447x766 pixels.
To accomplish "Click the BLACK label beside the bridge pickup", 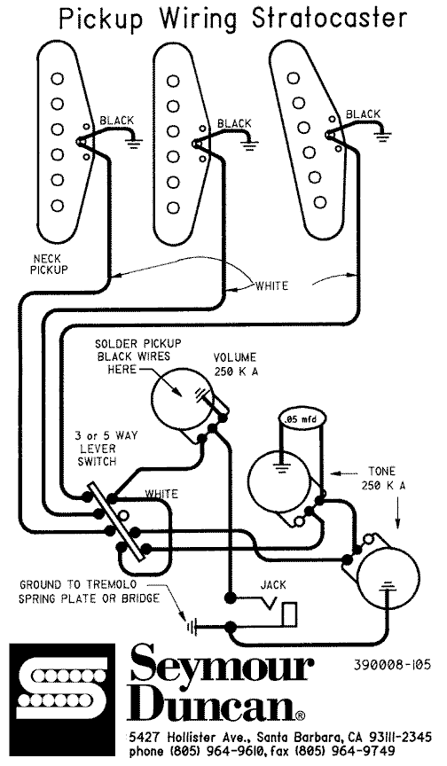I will click(363, 113).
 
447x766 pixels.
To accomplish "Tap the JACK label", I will click(272, 586).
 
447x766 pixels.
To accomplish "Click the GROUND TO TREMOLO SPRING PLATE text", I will click(89, 592).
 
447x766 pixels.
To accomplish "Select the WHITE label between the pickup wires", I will click(271, 285).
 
